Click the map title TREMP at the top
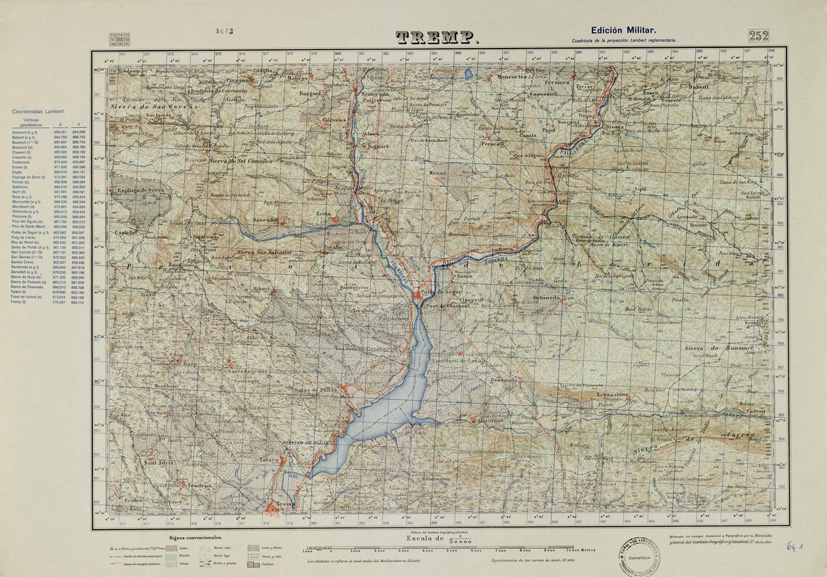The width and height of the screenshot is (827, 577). pos(437,38)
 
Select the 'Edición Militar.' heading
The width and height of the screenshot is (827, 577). pos(623,30)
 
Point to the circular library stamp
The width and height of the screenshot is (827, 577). pos(639,557)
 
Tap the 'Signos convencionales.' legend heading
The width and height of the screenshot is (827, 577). pos(195,538)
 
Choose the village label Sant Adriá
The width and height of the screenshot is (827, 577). pos(159,463)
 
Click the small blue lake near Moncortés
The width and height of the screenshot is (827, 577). pos(469,73)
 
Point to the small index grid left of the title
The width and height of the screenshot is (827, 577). pos(120,38)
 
